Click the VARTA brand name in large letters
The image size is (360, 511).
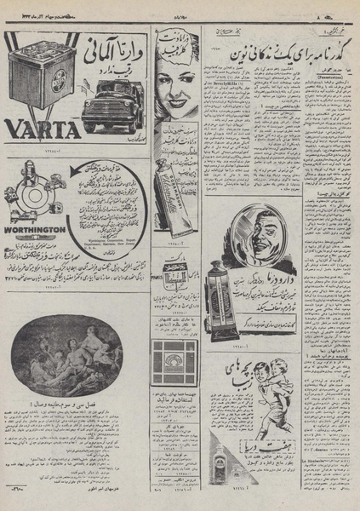[43, 129]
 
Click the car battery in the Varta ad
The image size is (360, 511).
[38, 75]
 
